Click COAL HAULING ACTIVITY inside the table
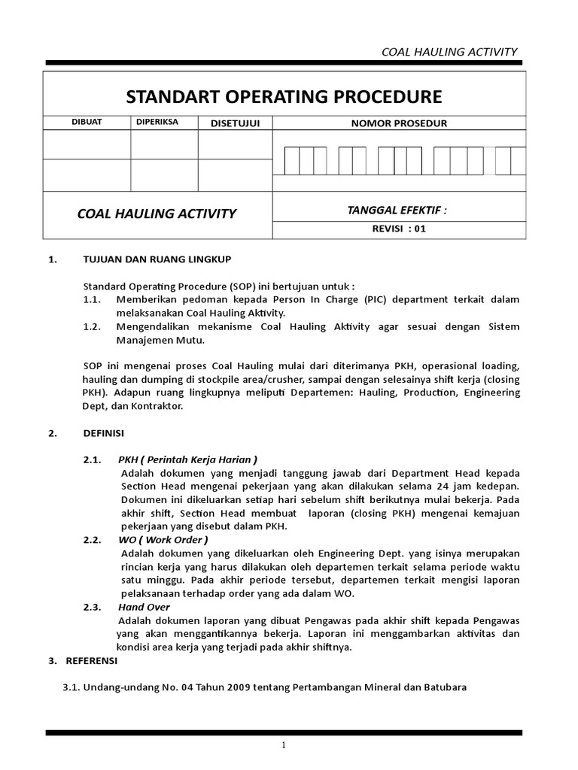pos(157,214)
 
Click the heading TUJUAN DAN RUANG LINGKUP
pos(157,259)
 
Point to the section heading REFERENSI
pos(89,661)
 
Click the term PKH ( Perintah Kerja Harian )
pos(187,459)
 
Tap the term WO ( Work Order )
pos(163,539)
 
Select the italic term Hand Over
pos(144,607)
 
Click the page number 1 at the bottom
pos(284,745)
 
